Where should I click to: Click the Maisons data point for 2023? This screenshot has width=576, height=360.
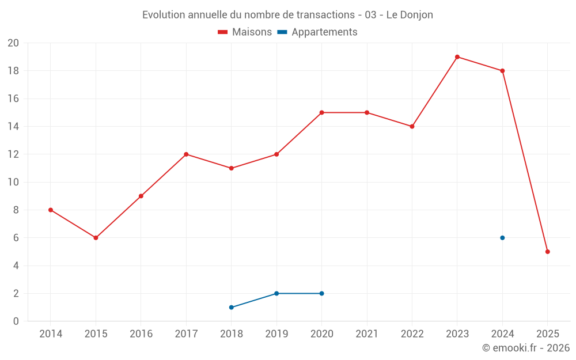pyautogui.click(x=457, y=57)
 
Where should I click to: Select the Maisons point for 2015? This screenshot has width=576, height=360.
pyautogui.click(x=96, y=238)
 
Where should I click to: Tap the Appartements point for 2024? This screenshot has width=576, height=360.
pyautogui.click(x=502, y=238)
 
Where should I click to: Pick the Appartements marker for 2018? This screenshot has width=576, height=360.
pyautogui.click(x=232, y=308)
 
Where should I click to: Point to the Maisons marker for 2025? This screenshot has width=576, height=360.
pyautogui.click(x=548, y=252)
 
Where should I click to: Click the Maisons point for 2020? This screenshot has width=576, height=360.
pyautogui.click(x=321, y=112)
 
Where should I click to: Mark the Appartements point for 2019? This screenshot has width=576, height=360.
pyautogui.click(x=276, y=294)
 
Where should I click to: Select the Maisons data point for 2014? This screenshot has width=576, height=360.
pyautogui.click(x=51, y=210)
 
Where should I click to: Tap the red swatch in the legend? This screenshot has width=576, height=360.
pyautogui.click(x=223, y=32)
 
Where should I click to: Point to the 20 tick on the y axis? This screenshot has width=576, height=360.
pyautogui.click(x=13, y=43)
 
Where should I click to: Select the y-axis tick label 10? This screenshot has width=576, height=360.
pyautogui.click(x=13, y=182)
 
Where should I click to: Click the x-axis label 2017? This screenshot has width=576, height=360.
pyautogui.click(x=186, y=334)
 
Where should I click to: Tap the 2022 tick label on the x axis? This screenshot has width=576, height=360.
pyautogui.click(x=412, y=334)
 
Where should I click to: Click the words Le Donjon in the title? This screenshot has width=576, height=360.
pyautogui.click(x=410, y=15)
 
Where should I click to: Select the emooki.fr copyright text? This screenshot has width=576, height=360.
pyautogui.click(x=526, y=348)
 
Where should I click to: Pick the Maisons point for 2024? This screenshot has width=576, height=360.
pyautogui.click(x=502, y=71)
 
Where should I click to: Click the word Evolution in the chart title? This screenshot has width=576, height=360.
pyautogui.click(x=164, y=15)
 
